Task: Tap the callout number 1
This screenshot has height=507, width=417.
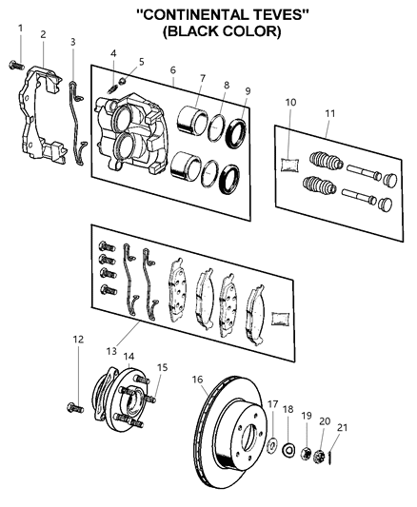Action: click(x=20, y=28)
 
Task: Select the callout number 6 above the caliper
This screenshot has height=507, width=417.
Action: click(x=172, y=69)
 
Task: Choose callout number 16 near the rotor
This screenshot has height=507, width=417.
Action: click(x=198, y=379)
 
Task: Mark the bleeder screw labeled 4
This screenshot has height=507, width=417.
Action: click(x=111, y=86)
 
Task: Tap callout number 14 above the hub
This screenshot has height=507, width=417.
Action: click(x=129, y=357)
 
